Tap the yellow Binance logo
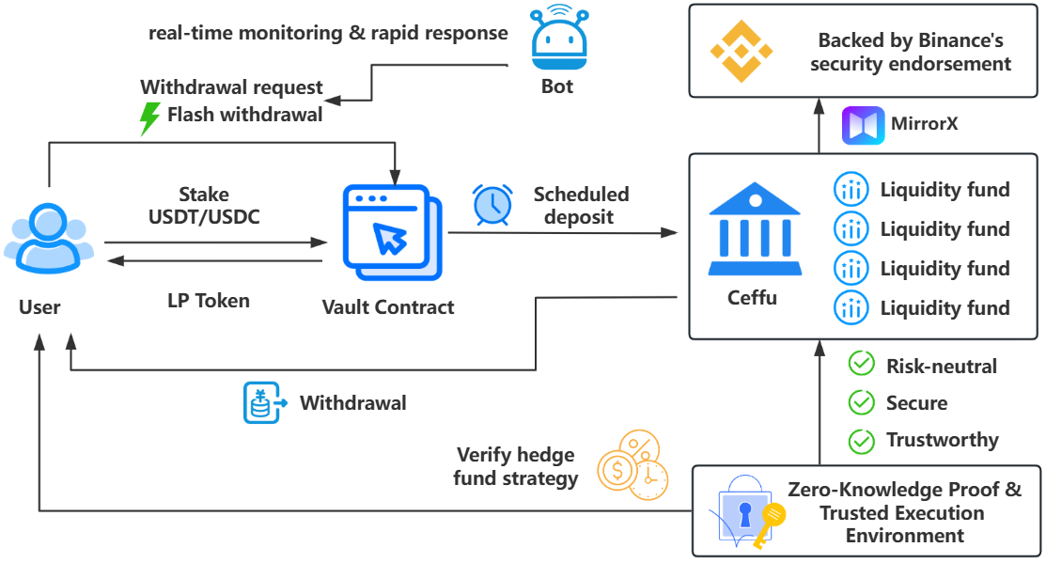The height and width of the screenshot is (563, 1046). (x=742, y=52)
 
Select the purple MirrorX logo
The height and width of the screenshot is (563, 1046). (x=864, y=125)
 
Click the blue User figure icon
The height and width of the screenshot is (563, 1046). (x=49, y=238)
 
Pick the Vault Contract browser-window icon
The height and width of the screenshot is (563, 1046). (x=392, y=233)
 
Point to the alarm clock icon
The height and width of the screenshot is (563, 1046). (x=492, y=204)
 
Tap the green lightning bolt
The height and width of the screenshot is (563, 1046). (x=150, y=118)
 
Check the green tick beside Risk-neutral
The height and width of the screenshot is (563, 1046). (x=861, y=364)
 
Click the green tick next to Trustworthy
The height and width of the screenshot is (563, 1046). (x=861, y=441)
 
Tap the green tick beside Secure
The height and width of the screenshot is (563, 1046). (x=861, y=402)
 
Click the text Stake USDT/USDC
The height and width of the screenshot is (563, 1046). (x=204, y=206)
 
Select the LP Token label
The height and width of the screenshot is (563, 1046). (x=209, y=301)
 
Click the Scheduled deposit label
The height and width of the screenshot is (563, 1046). (x=581, y=206)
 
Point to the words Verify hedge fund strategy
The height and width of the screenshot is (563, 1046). (x=516, y=467)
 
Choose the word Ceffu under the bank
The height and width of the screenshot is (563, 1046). (x=753, y=298)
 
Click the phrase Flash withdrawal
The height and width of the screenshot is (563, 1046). (x=245, y=115)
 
